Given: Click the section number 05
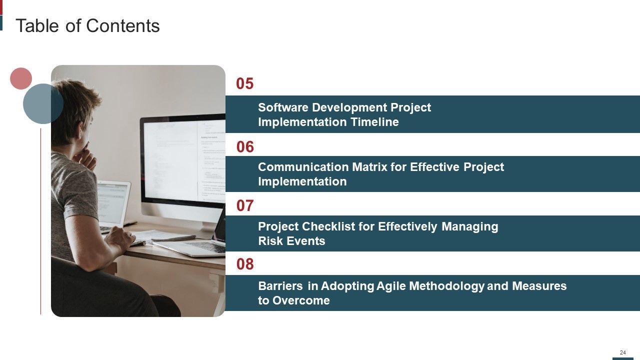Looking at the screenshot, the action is (245, 83).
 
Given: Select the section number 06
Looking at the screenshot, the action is (245, 147).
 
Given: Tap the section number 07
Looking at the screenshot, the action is (245, 205).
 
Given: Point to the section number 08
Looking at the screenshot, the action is (245, 264).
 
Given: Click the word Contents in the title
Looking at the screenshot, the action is (123, 25).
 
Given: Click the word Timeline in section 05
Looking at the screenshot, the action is (374, 122).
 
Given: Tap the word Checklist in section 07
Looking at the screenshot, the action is (328, 226).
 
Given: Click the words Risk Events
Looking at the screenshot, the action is (291, 241).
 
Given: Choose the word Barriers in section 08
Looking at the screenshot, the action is (280, 285).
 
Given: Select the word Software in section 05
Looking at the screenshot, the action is (283, 107).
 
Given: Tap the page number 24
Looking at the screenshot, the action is (623, 352).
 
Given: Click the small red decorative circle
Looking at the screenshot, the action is (21, 78).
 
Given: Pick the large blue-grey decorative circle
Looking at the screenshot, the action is (43, 103).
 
